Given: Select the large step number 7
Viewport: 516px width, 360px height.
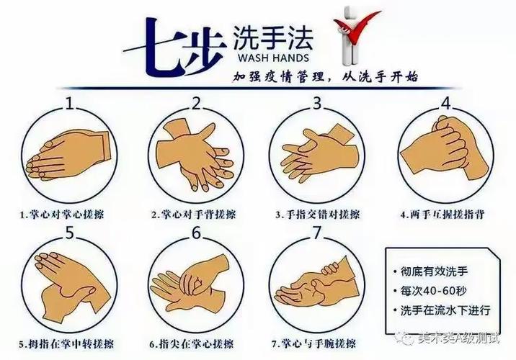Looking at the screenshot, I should [315, 233].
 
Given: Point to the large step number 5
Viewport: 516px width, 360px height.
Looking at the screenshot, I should [70, 233].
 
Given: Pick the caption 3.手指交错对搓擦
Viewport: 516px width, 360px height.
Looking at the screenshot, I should [317, 215].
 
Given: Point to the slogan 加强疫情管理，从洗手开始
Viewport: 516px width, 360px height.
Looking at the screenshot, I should [325, 76].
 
